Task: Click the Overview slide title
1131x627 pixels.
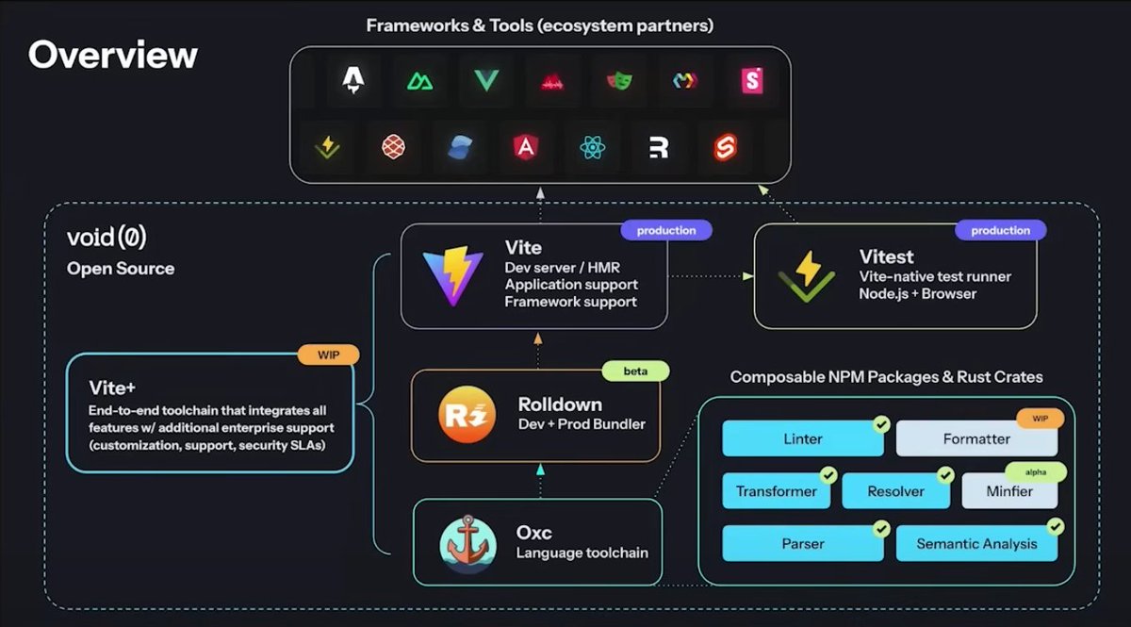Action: (113, 55)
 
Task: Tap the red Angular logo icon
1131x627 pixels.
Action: (525, 147)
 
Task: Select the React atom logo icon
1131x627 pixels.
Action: (593, 147)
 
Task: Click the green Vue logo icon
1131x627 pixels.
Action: (486, 81)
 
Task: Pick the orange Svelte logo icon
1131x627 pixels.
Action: (725, 147)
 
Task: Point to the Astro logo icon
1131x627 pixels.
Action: (353, 81)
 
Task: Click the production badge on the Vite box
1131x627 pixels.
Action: (666, 230)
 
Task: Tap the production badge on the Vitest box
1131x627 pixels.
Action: (1000, 230)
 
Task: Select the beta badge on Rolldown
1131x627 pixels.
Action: (635, 371)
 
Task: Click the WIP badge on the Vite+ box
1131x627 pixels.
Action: (328, 355)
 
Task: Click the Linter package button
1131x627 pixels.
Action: (802, 438)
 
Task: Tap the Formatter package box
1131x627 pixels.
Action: (975, 438)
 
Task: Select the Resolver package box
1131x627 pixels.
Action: (895, 491)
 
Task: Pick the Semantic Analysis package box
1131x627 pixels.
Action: (975, 544)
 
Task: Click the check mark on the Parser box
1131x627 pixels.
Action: (881, 529)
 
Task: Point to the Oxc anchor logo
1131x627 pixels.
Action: (467, 544)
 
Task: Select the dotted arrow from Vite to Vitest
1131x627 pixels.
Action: (711, 276)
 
